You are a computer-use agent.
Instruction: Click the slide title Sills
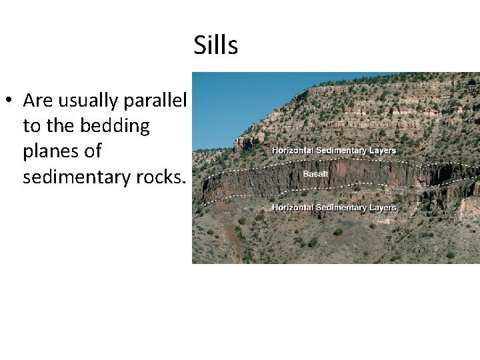click(216, 45)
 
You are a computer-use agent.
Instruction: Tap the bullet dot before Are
click(9, 101)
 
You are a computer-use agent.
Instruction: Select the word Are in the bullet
click(37, 100)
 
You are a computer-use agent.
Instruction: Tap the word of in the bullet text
click(93, 151)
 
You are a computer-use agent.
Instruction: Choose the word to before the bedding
click(31, 126)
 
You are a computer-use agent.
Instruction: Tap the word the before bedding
click(62, 126)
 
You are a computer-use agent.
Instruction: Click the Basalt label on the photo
click(315, 174)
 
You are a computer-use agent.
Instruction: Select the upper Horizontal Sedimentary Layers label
click(334, 151)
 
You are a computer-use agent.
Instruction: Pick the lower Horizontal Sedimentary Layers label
click(334, 207)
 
